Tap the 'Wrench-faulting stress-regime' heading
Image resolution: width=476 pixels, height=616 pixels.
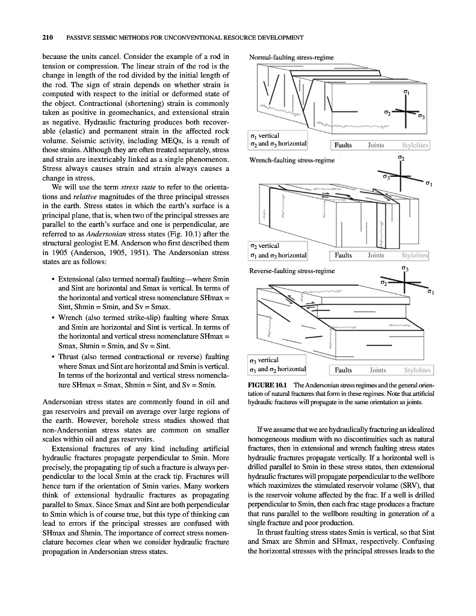[291, 161]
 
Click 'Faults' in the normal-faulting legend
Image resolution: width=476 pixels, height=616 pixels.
[344, 145]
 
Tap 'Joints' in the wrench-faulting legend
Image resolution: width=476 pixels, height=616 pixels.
[376, 255]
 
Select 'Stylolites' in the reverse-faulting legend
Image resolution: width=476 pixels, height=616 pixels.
[417, 370]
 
